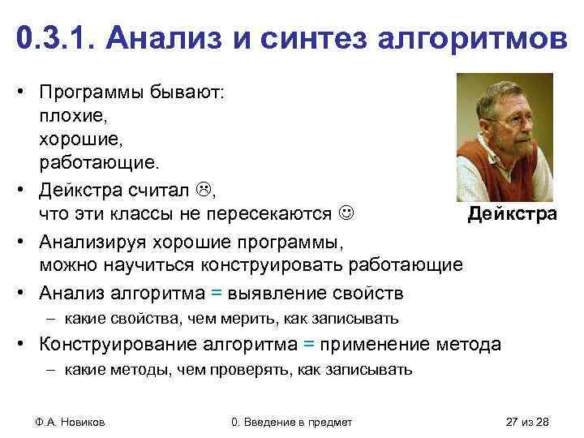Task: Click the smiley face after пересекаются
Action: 347,214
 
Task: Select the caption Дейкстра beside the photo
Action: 513,215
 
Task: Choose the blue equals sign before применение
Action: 308,344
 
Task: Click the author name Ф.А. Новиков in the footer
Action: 71,422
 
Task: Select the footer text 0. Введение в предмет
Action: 292,422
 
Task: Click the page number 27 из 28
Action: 526,422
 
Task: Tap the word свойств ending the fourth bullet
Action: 374,292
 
